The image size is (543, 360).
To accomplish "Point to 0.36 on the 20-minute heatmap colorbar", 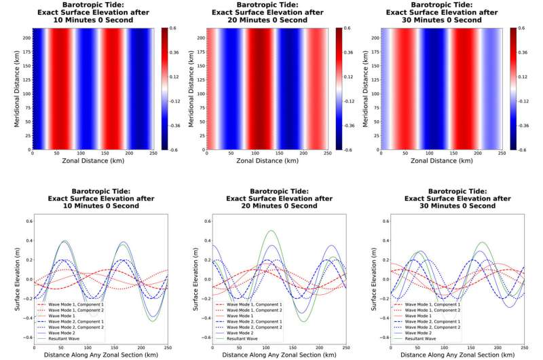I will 348,52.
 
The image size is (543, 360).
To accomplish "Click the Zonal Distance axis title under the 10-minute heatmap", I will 98,163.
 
